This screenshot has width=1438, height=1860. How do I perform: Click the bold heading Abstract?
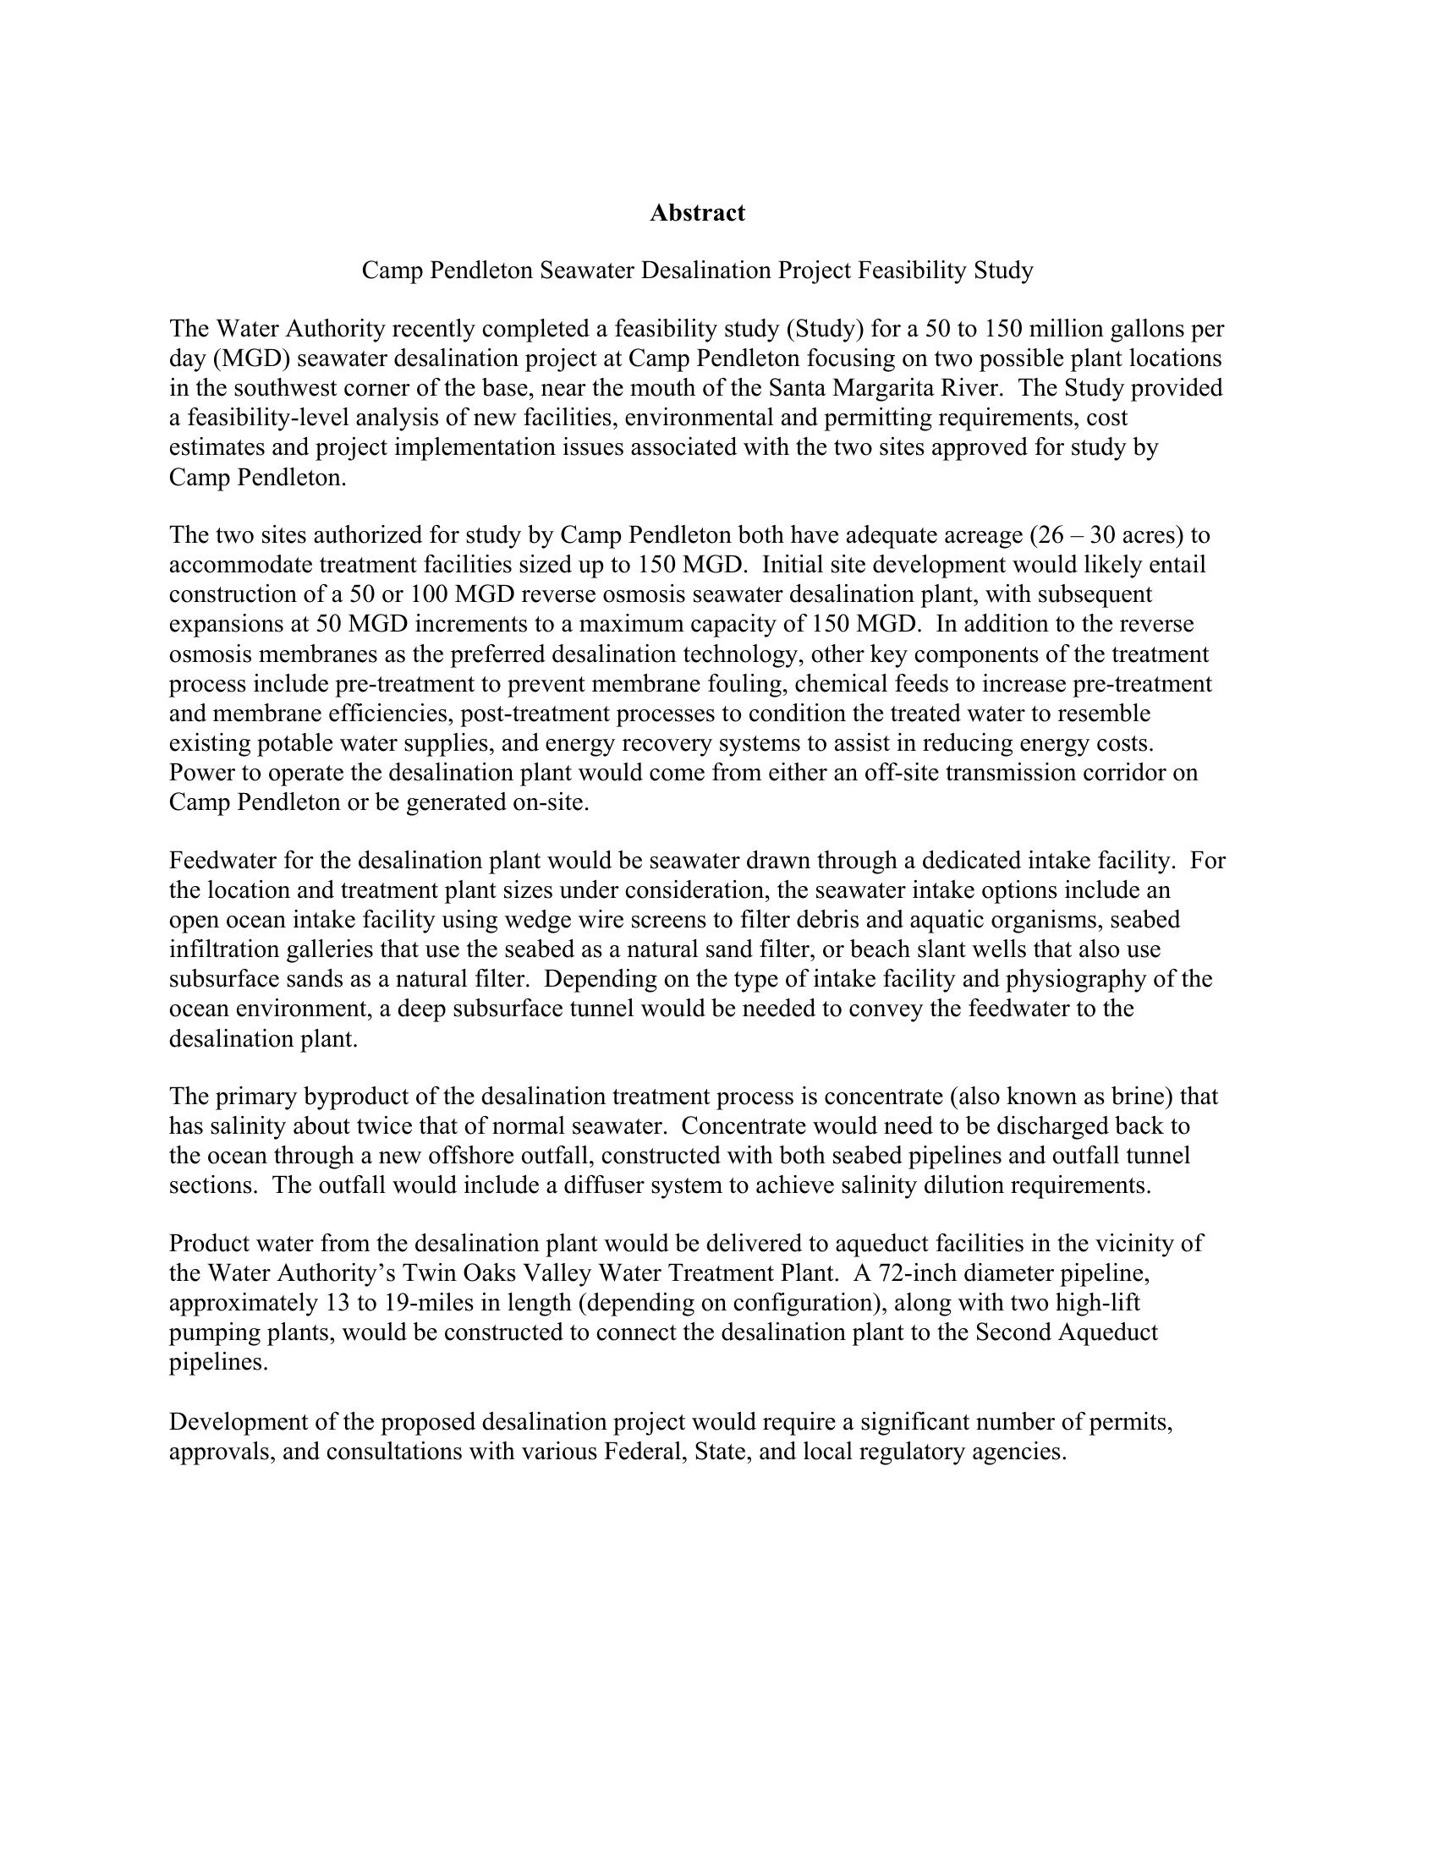pos(697,213)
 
